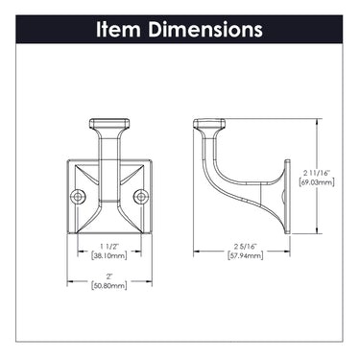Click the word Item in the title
118,29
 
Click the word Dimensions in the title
205,29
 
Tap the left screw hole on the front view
78,197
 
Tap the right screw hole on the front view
141,197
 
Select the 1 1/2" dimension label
109,247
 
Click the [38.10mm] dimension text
109,255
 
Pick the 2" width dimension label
109,276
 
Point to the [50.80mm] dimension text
109,285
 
